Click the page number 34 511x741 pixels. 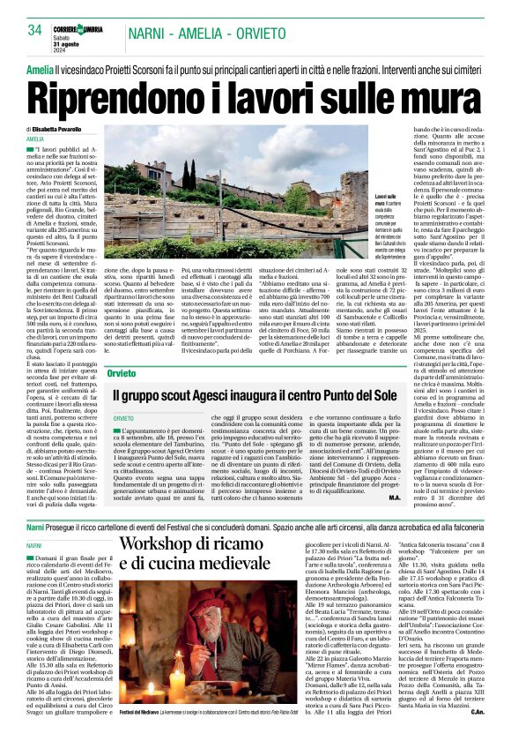coord(35,30)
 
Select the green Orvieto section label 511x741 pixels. coord(123,374)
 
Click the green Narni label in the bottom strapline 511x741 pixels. coord(35,526)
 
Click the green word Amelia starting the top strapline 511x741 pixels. coord(40,69)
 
